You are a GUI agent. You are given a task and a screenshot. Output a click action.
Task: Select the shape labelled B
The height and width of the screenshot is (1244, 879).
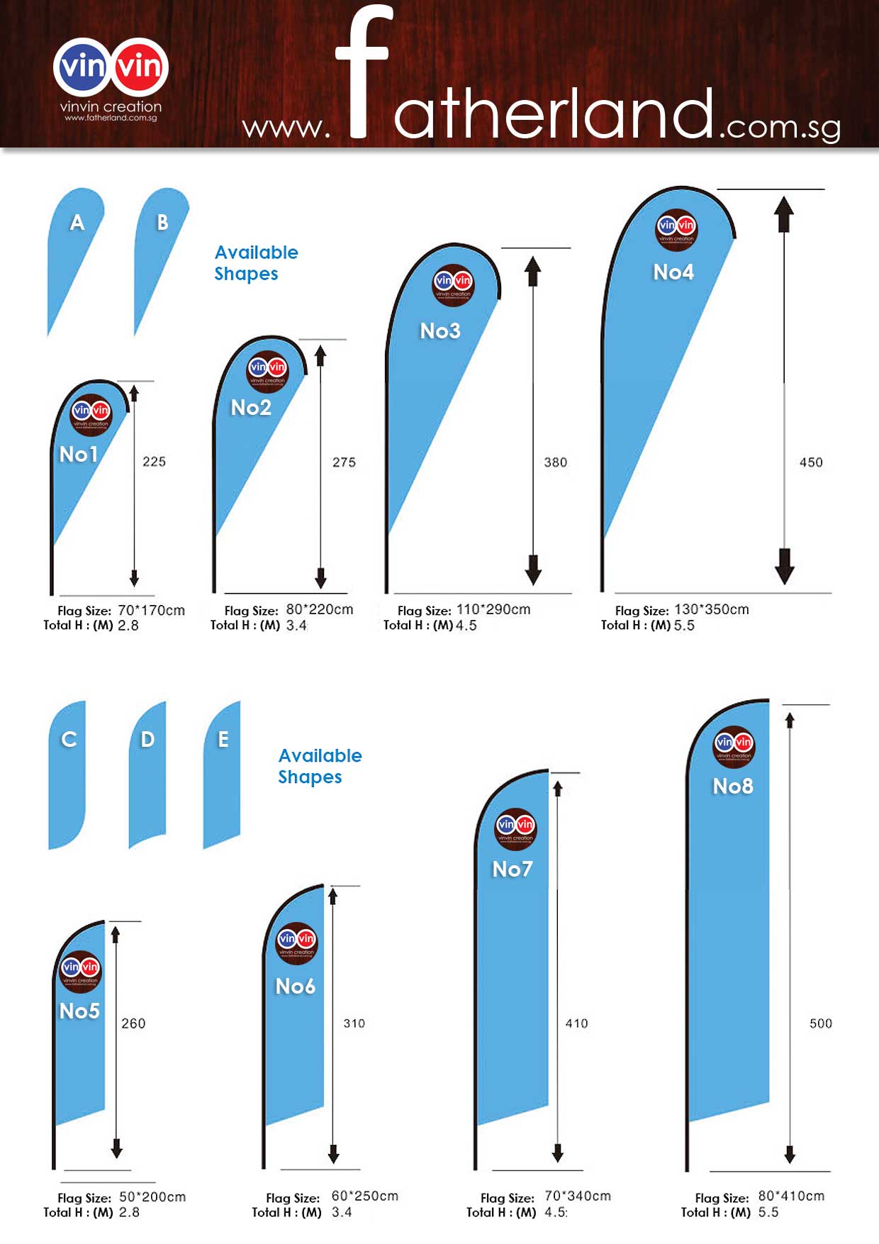(x=159, y=248)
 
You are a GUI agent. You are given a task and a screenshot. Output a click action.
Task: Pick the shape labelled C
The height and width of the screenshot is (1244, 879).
(x=67, y=773)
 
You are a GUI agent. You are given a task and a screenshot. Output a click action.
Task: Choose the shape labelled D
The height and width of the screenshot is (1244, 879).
(x=147, y=773)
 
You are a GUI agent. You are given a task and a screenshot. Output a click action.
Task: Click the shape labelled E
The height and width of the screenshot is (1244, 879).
(x=222, y=773)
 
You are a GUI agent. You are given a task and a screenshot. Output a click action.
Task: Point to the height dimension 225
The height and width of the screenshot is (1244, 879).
(x=154, y=462)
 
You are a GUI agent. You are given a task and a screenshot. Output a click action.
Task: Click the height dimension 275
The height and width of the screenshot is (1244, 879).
(x=344, y=462)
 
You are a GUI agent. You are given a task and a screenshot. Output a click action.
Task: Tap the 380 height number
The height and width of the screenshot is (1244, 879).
(x=555, y=462)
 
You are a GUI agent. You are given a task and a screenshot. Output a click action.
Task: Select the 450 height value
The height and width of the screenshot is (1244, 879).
(x=811, y=462)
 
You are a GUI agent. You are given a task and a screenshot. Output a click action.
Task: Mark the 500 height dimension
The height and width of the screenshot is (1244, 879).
(x=820, y=1023)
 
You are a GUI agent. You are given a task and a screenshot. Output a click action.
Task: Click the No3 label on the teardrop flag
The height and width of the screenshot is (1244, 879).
(x=440, y=331)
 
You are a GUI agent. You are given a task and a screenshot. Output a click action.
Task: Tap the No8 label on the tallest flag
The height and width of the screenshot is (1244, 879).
(x=733, y=786)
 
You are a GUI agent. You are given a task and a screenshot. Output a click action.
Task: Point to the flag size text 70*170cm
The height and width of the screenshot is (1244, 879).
(x=151, y=610)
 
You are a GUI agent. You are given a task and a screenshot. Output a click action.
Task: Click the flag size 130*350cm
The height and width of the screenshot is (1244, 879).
(x=711, y=609)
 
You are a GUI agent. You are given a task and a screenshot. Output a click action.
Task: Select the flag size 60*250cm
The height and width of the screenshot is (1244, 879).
(x=364, y=1196)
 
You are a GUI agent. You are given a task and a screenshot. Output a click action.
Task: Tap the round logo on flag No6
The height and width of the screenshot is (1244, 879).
(x=296, y=943)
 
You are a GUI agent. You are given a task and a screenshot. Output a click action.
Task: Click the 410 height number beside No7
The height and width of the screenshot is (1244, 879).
(x=576, y=1023)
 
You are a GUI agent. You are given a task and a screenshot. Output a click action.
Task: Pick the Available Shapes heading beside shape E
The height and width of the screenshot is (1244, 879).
(x=320, y=766)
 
